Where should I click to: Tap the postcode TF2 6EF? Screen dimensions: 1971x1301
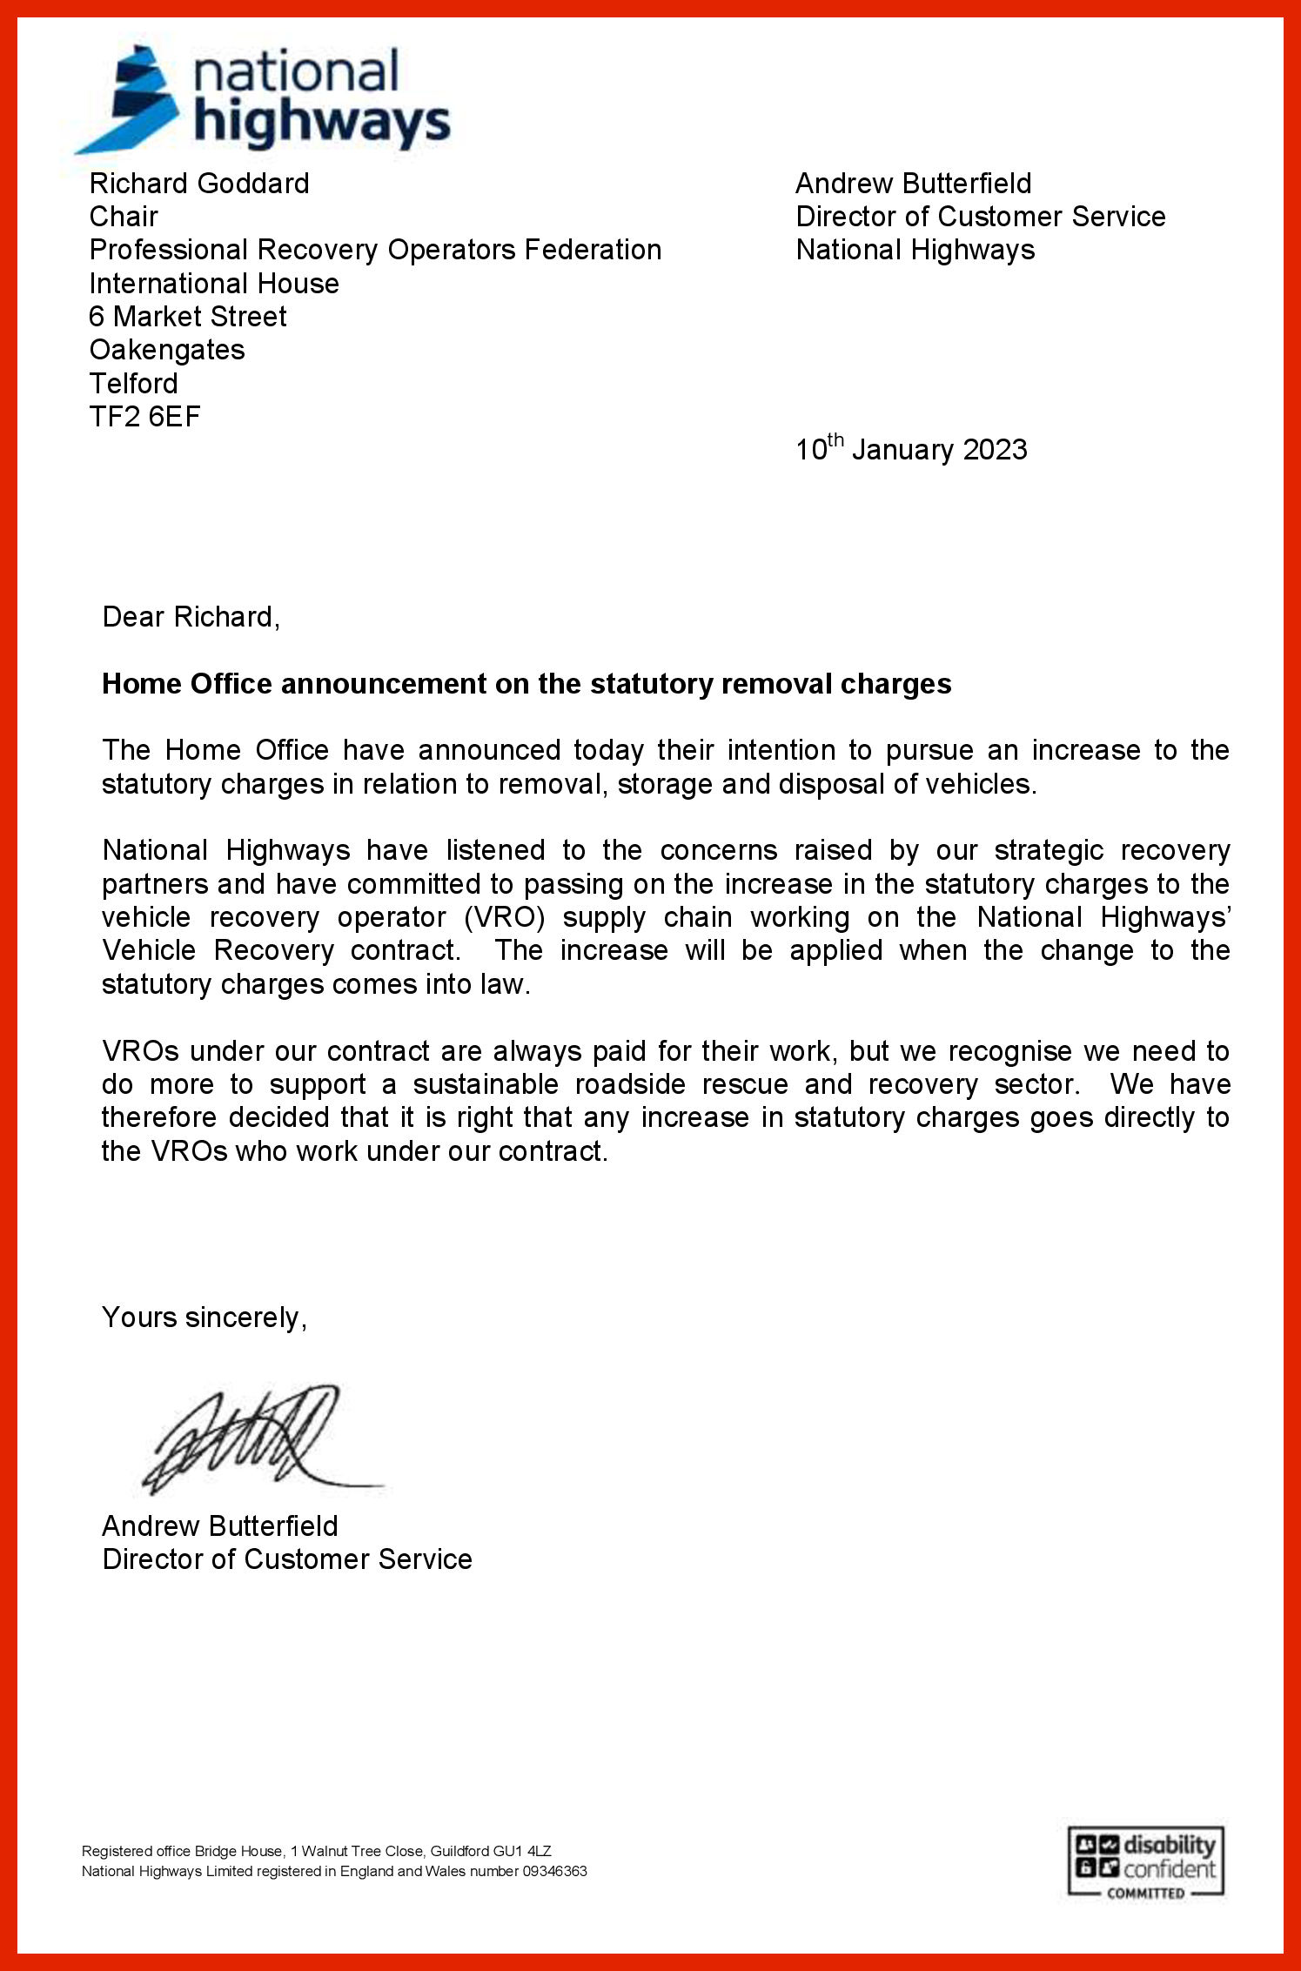tap(144, 417)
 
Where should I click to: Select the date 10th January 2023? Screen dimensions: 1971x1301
tap(910, 448)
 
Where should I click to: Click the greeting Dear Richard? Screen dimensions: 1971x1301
tap(191, 617)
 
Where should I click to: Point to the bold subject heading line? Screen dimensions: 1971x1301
tap(526, 684)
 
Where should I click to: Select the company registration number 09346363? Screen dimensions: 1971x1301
tap(554, 1871)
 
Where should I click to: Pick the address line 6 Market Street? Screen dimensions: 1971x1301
tap(187, 317)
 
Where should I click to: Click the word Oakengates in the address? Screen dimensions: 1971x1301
tap(167, 350)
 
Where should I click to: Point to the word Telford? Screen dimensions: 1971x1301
tap(133, 384)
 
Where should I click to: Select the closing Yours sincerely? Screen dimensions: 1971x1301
tap(204, 1317)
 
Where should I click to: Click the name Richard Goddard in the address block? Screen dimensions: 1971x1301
tap(199, 184)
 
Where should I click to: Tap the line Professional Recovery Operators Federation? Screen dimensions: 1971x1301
tap(375, 250)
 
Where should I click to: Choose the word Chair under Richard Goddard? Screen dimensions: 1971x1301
tap(124, 217)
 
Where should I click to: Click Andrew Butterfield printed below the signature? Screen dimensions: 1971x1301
tap(219, 1525)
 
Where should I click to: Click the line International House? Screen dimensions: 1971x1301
tap(214, 284)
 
